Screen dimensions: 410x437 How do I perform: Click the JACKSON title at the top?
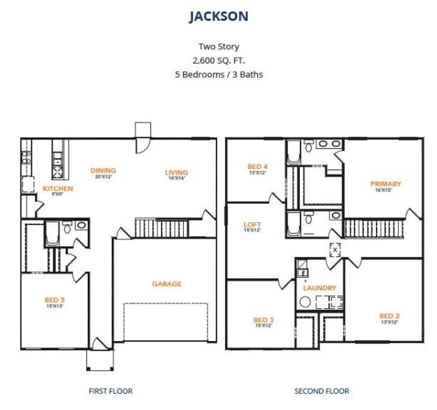coord(219,16)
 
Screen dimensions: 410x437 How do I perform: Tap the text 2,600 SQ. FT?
coord(219,60)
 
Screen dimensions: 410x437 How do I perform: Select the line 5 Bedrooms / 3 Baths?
coord(219,74)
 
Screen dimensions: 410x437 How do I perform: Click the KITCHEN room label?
coord(58,188)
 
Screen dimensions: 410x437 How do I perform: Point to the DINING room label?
coord(103,170)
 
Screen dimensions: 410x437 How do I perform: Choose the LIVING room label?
coord(177,172)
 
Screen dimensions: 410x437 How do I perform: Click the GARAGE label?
coord(167,284)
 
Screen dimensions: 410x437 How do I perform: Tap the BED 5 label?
coord(54,300)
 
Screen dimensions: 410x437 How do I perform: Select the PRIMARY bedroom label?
coord(385,184)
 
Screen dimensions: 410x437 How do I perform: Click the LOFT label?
coord(252,225)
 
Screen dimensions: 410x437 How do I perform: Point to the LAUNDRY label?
coord(320,288)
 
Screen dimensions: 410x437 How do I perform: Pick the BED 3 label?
coord(263,320)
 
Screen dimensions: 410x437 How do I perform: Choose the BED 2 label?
coord(389,316)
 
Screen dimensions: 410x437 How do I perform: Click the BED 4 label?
coord(257,167)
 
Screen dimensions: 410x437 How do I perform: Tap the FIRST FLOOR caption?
coord(111,391)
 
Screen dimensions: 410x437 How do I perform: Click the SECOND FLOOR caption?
coord(322,391)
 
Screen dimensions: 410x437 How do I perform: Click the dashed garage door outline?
coord(166,321)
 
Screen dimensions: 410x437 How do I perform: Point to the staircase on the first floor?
coord(162,228)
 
